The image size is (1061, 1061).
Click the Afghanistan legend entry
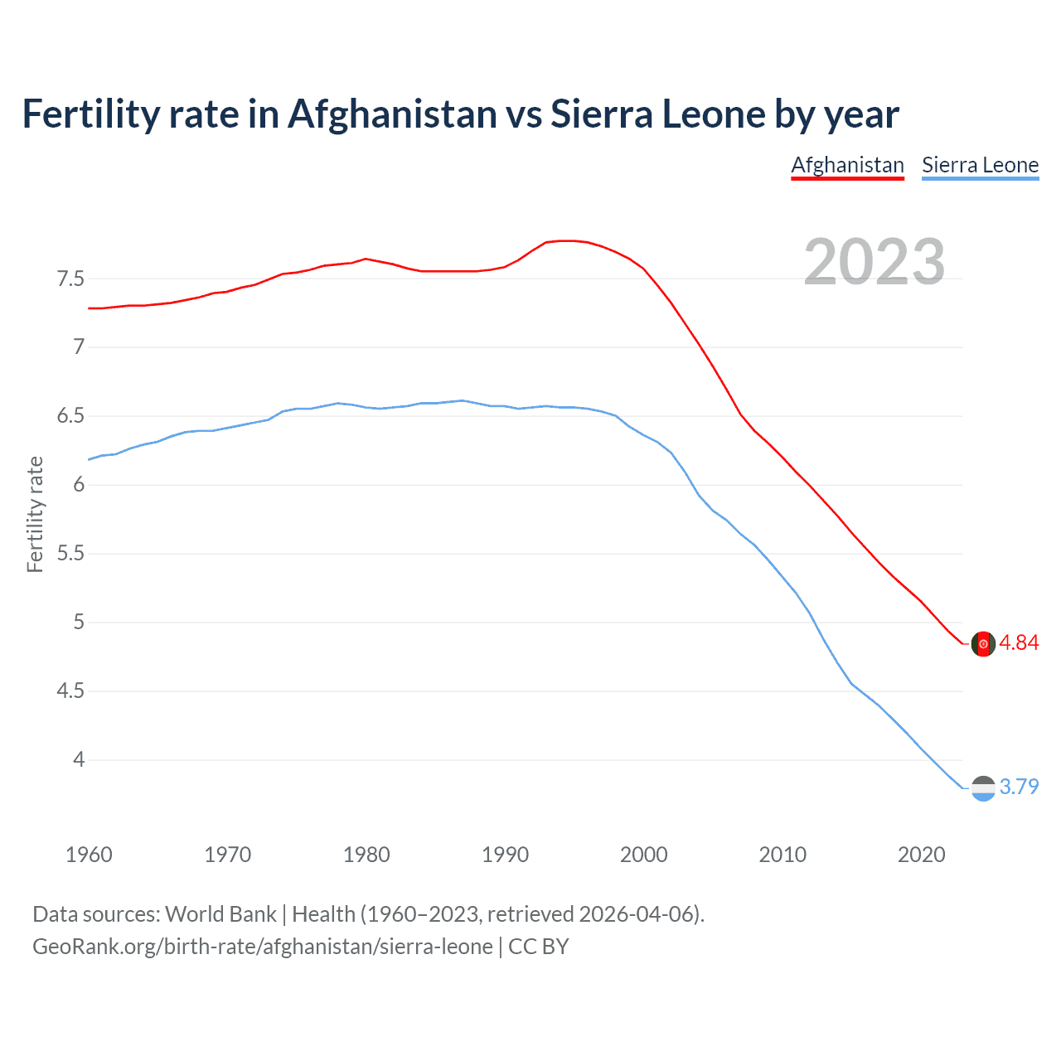tap(847, 165)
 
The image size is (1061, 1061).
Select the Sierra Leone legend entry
tap(980, 165)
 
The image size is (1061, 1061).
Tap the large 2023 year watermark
tap(874, 262)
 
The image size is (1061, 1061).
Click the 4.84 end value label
tap(1019, 643)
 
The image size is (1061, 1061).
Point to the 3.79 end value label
tap(1019, 787)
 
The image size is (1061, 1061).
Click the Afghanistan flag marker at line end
tap(983, 644)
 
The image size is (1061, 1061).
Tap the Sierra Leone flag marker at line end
tap(983, 788)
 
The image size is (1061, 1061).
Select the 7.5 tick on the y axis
tap(70, 279)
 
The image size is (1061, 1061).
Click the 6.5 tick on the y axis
tap(70, 416)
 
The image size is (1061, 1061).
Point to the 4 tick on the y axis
tap(79, 759)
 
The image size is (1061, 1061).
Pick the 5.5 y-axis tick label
tap(70, 554)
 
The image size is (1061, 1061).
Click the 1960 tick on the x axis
tap(89, 855)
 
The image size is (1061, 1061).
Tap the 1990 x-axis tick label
tap(505, 855)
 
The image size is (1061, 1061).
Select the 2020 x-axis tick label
tap(921, 855)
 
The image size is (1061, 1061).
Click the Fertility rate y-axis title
tap(35, 514)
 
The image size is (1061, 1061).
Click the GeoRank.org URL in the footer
tap(262, 947)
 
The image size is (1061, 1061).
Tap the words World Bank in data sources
tap(220, 914)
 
